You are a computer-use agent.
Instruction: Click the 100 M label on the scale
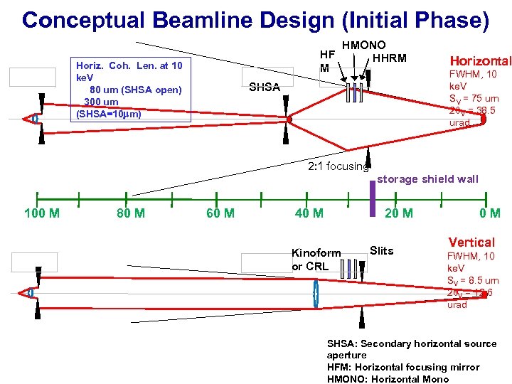[x=42, y=213]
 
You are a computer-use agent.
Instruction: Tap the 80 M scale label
[x=131, y=213]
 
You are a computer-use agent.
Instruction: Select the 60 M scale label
[x=220, y=213]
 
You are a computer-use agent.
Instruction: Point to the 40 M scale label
[x=309, y=213]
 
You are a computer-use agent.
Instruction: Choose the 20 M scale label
[x=398, y=213]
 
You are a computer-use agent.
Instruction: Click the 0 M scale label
[x=489, y=213]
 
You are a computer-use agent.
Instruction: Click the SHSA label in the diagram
[x=264, y=87]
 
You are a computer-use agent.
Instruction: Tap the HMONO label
[x=364, y=46]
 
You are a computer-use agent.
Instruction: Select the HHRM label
[x=390, y=58]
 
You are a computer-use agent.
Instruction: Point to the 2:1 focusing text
[x=338, y=166]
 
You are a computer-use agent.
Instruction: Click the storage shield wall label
[x=427, y=179]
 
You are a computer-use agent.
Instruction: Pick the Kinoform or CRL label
[x=316, y=260]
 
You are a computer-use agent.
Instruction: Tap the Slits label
[x=382, y=250]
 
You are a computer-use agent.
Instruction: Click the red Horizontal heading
[x=480, y=62]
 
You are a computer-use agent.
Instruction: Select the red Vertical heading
[x=471, y=242]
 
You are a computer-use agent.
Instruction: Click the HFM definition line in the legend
[x=403, y=367]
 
